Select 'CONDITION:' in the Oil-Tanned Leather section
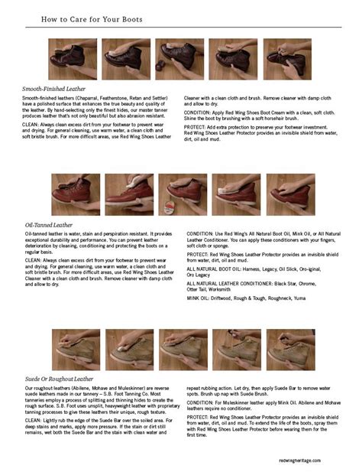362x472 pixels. [x=200, y=233]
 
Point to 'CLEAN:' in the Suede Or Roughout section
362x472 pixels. [x=31, y=419]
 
